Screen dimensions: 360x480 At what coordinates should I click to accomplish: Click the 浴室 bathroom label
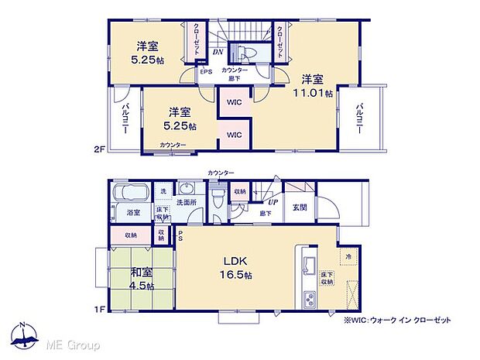coord(133,212)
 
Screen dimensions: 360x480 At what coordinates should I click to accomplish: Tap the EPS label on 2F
coord(206,73)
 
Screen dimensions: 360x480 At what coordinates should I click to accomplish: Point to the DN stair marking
coord(219,53)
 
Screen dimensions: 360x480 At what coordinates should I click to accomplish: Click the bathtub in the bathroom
coord(130,194)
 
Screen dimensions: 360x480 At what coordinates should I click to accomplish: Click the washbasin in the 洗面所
coord(187,190)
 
